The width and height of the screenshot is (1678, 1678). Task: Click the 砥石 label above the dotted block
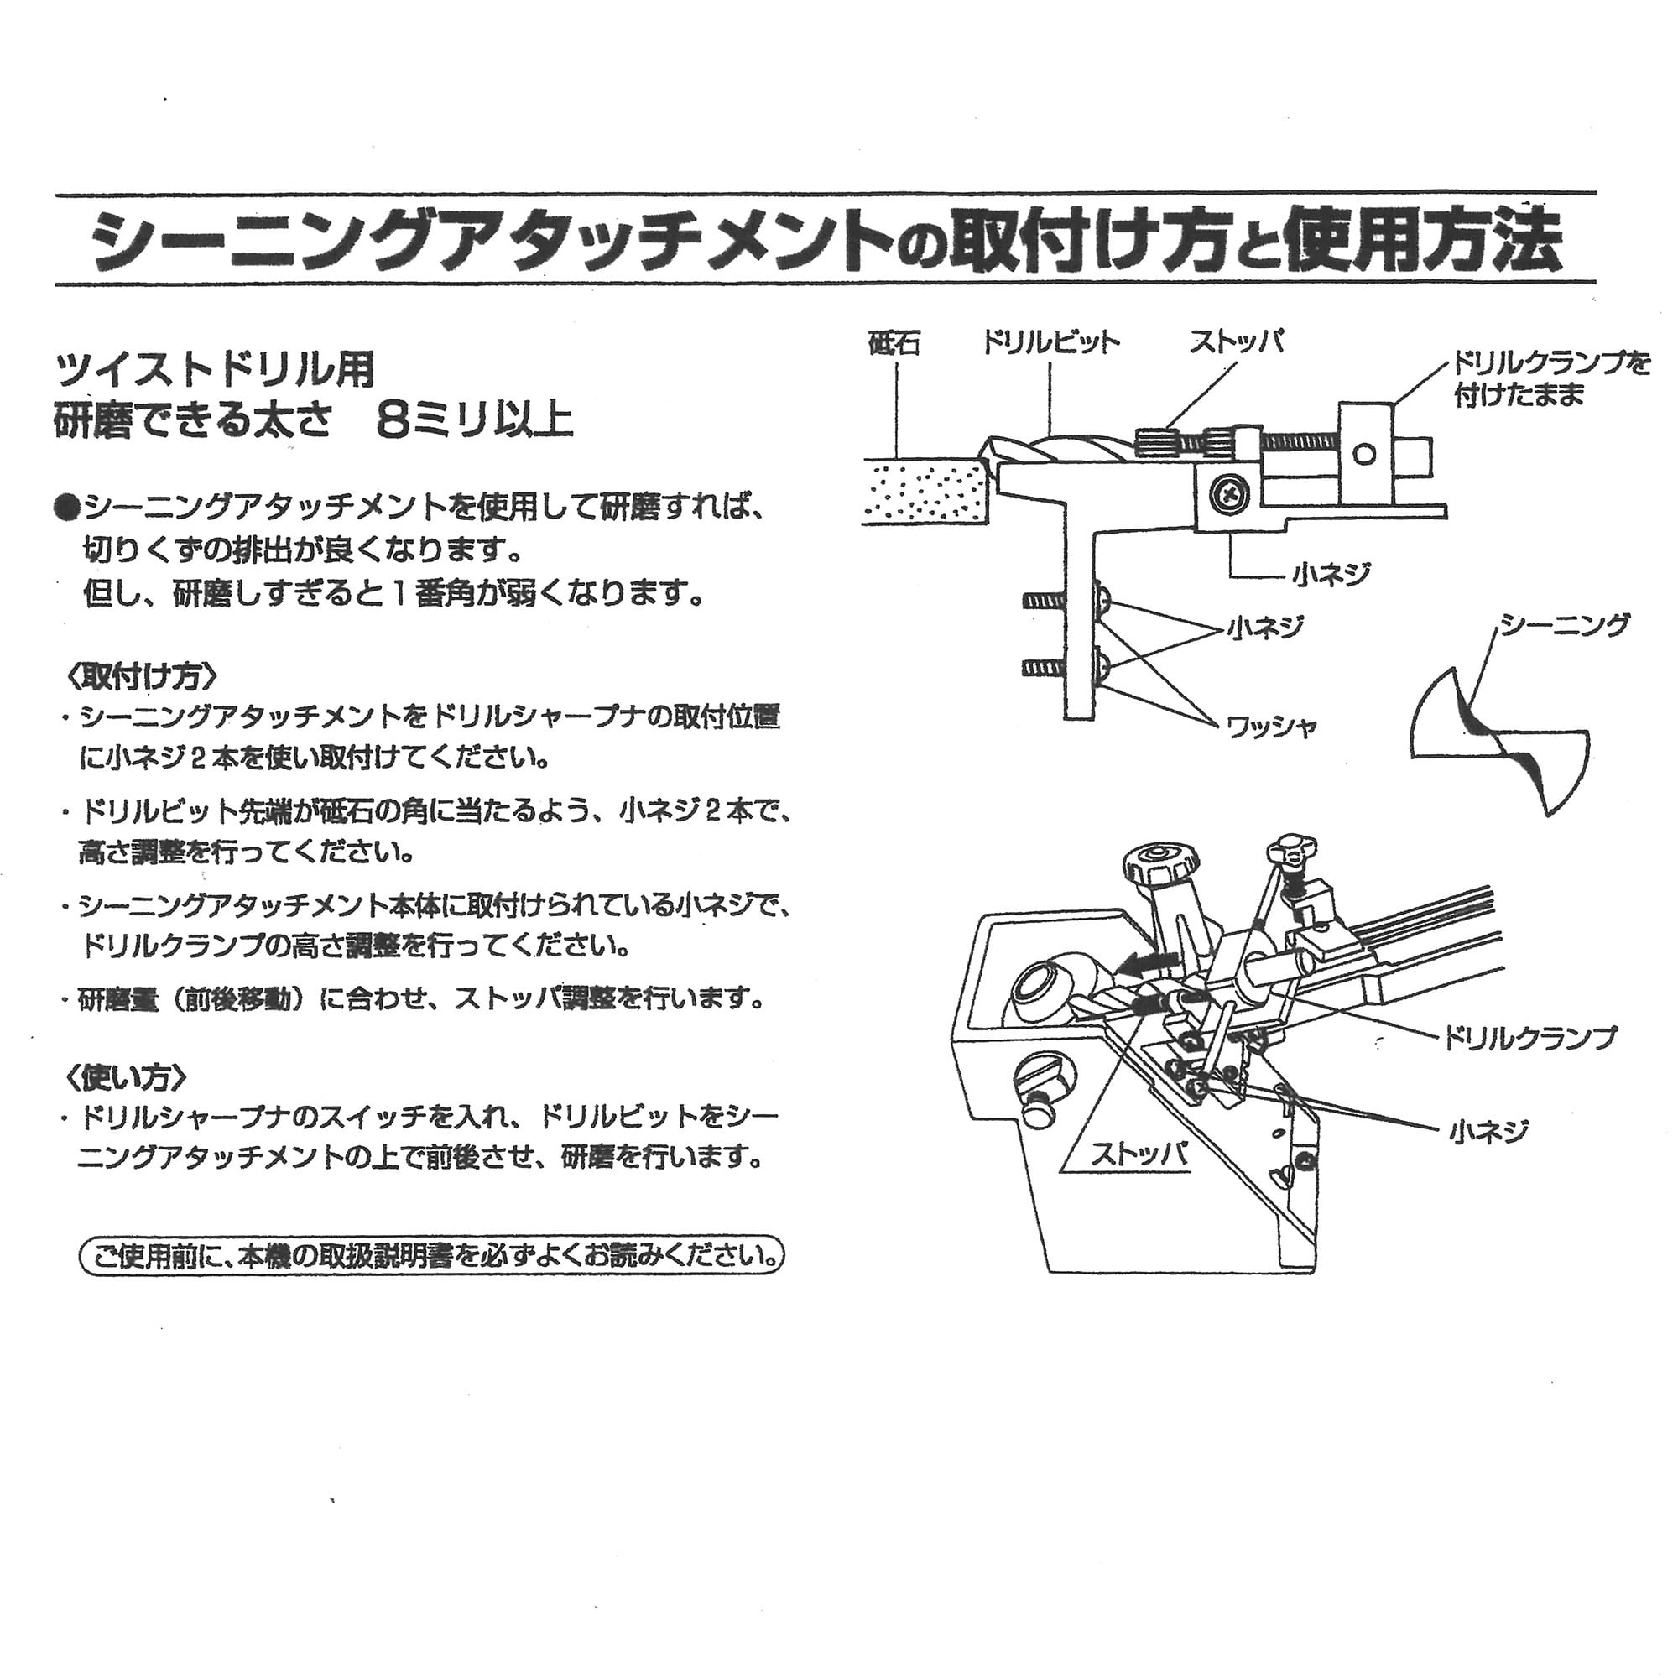pyautogui.click(x=894, y=345)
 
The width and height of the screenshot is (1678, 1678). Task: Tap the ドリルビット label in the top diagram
pyautogui.click(x=1050, y=343)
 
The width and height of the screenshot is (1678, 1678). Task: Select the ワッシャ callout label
pyautogui.click(x=1270, y=726)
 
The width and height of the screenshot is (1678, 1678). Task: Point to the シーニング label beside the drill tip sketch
pyautogui.click(x=1563, y=624)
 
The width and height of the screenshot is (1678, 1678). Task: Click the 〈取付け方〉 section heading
pyautogui.click(x=141, y=675)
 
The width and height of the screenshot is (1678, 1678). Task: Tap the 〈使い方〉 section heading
pyautogui.click(x=126, y=1077)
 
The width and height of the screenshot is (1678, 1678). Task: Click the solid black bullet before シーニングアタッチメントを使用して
pyautogui.click(x=67, y=507)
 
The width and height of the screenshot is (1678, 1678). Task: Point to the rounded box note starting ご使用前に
pyautogui.click(x=431, y=1256)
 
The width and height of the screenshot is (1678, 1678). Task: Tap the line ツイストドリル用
pyautogui.click(x=215, y=370)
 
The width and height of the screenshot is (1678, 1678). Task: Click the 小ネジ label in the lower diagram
pyautogui.click(x=1488, y=1131)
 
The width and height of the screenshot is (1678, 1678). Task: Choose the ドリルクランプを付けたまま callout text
pyautogui.click(x=1552, y=379)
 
